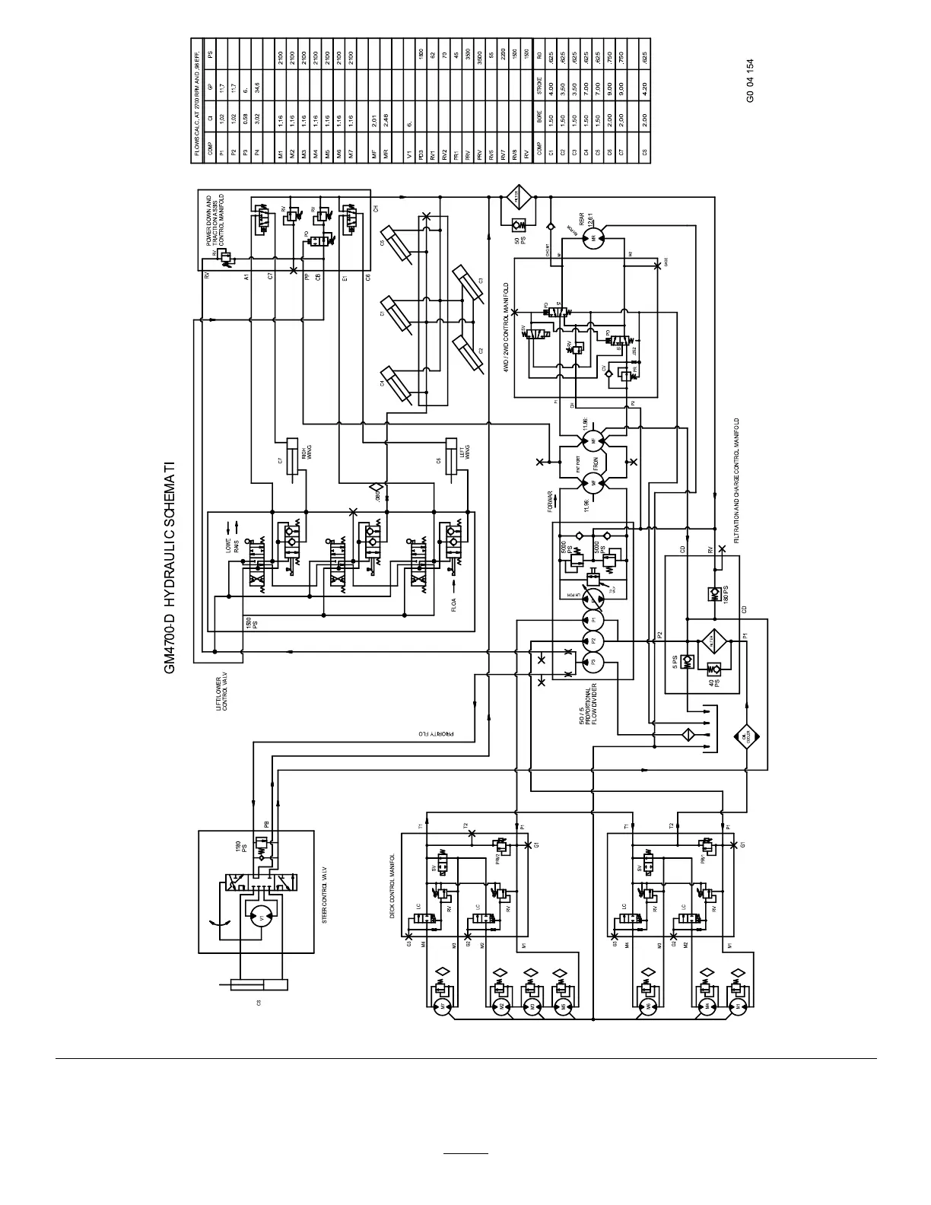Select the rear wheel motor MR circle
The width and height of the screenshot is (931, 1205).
592,238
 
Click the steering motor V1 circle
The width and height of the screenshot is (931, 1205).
261,918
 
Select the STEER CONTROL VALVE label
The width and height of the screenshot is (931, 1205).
324,895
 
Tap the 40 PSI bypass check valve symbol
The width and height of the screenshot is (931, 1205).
715,669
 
